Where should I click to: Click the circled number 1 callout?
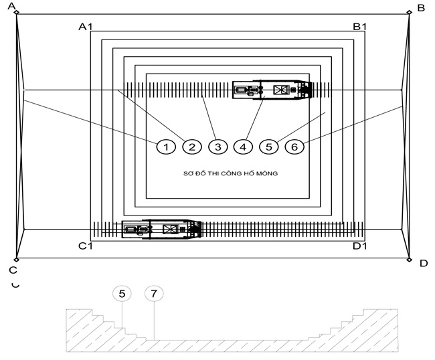[166, 147]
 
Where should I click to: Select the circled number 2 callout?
[192, 147]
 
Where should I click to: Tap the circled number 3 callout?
[218, 147]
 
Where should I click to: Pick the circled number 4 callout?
[244, 147]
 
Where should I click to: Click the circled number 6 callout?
[295, 147]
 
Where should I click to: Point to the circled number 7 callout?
[154, 294]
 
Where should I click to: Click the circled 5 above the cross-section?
[122, 294]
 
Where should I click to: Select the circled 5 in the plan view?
[269, 147]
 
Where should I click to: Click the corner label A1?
[86, 27]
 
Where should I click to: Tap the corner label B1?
[360, 27]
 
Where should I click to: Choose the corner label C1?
[86, 246]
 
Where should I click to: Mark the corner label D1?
[360, 246]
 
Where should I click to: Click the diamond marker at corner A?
[17, 12]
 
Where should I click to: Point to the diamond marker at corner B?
[409, 12]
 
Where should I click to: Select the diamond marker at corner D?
[409, 260]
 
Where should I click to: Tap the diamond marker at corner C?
[17, 260]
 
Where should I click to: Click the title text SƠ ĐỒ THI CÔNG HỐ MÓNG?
[230, 173]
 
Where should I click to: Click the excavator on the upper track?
[272, 90]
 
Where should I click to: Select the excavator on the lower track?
[161, 229]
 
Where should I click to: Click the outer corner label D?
[424, 263]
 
